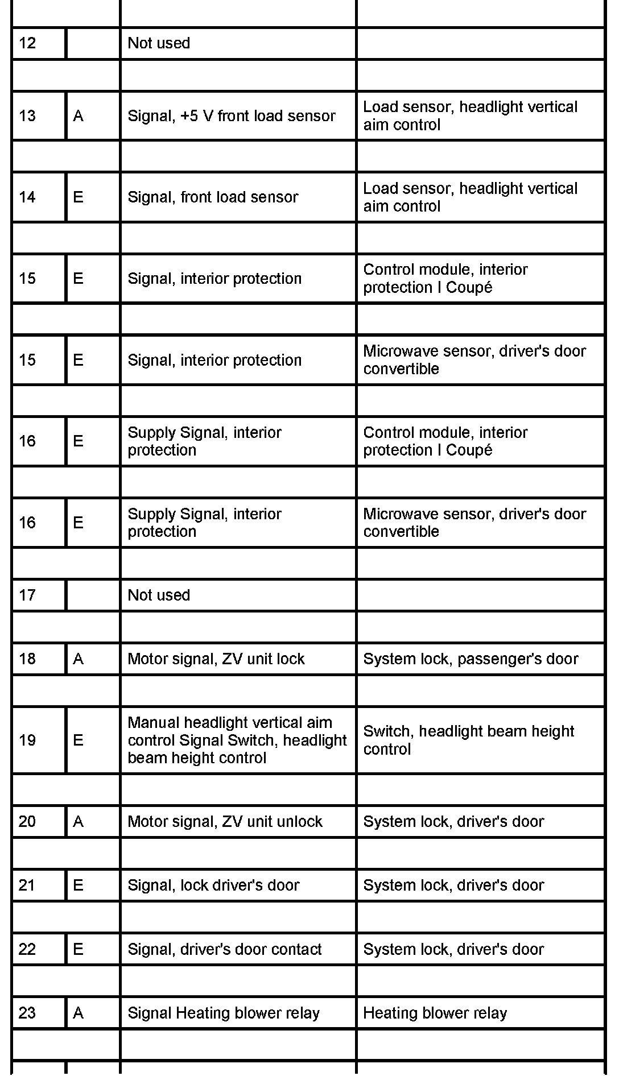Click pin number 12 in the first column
tap(27, 43)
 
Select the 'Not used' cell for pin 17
tap(159, 595)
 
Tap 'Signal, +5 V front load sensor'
tap(231, 116)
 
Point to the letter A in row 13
tap(78, 116)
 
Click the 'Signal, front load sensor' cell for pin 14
tap(213, 197)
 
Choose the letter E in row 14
tap(78, 197)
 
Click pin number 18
tap(27, 659)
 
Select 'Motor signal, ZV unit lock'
tap(216, 659)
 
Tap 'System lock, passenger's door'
tap(471, 659)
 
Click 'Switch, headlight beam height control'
tap(468, 740)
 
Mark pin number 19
tap(27, 740)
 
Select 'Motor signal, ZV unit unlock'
tap(225, 822)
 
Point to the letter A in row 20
tap(78, 822)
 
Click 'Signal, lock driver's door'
tap(213, 885)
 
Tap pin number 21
tap(27, 885)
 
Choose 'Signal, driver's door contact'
tap(225, 949)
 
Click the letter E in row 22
tap(78, 949)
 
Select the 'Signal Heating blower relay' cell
tap(224, 1013)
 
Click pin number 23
tap(27, 1013)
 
